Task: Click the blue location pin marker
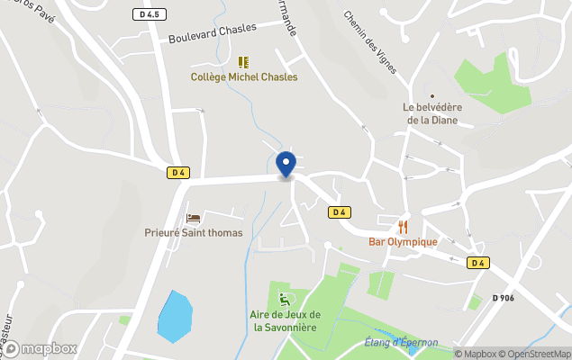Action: tap(286, 165)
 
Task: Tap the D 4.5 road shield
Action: tap(150, 14)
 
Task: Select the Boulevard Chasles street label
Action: tap(212, 33)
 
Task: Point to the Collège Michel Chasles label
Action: tap(244, 77)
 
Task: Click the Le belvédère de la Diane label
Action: tap(431, 113)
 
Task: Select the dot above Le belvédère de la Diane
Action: tap(431, 96)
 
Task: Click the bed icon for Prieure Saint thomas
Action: tap(193, 218)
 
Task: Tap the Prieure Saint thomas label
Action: tap(194, 232)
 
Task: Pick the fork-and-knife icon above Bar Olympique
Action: tap(403, 226)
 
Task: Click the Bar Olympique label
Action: tap(403, 241)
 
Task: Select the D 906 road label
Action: tap(504, 298)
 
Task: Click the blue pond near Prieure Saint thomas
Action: tap(174, 315)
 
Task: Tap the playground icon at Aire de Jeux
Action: tap(286, 299)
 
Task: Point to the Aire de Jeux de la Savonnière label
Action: tap(286, 320)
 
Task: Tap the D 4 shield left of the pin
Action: tap(177, 173)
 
